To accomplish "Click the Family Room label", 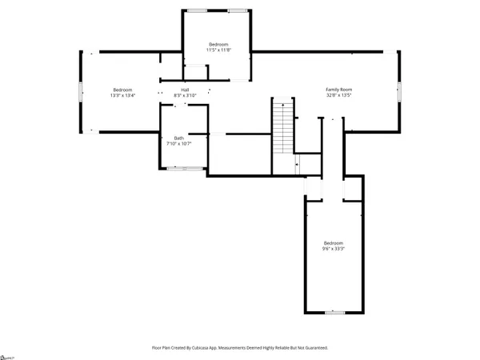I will coord(338,90).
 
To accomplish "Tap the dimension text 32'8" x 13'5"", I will coord(338,95).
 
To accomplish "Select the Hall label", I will coord(185,90).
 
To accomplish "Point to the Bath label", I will coord(178,138).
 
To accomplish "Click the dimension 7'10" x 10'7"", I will coord(178,143).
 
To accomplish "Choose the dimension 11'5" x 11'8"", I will coord(219,50).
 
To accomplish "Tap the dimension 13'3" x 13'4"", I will coord(122,95).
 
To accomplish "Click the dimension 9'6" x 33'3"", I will coord(334,248).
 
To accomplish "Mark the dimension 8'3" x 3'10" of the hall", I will coord(185,95).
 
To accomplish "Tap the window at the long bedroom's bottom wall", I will coord(334,311).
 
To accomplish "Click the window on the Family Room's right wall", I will coord(399,91).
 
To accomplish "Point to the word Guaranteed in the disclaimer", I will coord(313,348).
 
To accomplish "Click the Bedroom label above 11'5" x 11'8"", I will coord(219,44).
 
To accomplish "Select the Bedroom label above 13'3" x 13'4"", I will coord(122,90).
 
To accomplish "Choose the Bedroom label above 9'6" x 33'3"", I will coord(334,242).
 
